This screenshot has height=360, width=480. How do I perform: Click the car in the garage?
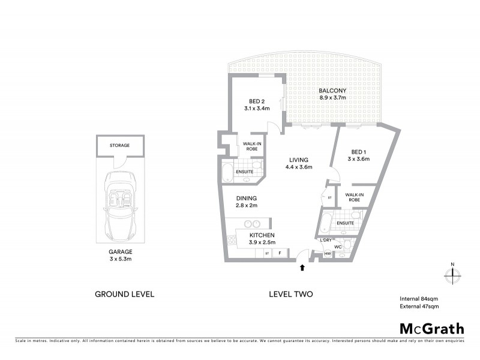click(120, 204)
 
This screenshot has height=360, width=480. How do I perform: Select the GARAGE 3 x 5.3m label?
click(120, 256)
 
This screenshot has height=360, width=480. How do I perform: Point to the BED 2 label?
click(257, 105)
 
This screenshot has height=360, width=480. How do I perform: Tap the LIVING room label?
click(298, 163)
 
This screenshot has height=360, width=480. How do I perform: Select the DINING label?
click(246, 202)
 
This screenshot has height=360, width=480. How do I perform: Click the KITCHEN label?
click(262, 238)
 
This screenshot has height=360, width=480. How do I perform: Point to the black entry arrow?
click(302, 268)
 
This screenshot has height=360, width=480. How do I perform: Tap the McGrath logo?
click(431, 328)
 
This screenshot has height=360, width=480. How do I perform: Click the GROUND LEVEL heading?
click(125, 294)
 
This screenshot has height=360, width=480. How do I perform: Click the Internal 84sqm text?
click(419, 298)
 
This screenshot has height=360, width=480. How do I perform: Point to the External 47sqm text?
click(419, 307)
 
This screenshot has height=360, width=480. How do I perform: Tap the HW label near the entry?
click(328, 254)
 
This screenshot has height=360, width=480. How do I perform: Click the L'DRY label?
click(326, 240)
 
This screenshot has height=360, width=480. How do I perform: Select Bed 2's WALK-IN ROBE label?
click(251, 146)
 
